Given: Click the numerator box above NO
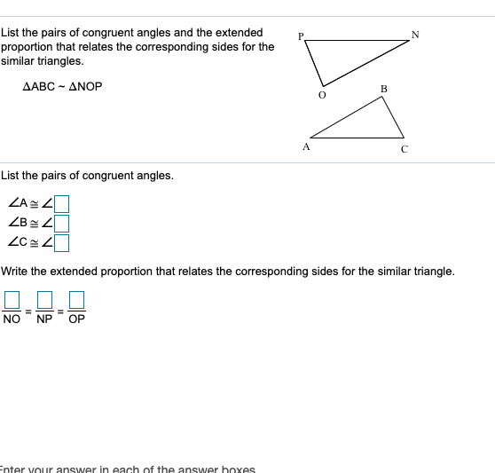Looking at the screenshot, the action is [x=12, y=299].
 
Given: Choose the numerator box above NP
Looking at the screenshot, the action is [x=44, y=299].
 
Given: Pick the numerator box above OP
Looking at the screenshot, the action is [x=77, y=299].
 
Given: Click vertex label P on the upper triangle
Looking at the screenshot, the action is [x=302, y=36].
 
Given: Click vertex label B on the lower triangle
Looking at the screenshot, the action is [x=383, y=88].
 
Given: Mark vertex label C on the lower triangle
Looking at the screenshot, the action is [x=404, y=148].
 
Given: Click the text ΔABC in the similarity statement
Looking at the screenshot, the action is [x=38, y=87].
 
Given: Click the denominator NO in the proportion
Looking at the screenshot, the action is [x=12, y=318].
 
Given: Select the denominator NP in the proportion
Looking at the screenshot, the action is [x=44, y=318].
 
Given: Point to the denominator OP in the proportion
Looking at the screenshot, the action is [x=77, y=318].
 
